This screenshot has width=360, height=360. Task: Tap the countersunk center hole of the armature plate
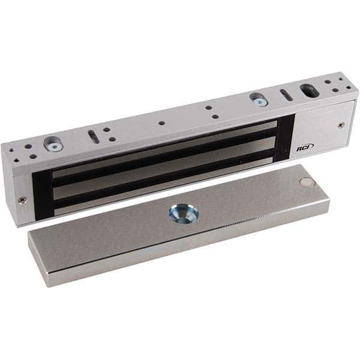pos(183,212)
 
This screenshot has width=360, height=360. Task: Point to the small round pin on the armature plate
pos(306,182)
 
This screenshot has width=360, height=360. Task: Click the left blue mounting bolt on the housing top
pos(53,143)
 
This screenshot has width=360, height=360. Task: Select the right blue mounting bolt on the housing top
pos(259,100)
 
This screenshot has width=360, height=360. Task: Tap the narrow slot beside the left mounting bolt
pos(94,136)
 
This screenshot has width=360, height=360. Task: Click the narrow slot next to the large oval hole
pos(286,95)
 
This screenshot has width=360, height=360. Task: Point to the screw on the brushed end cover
pos(341,125)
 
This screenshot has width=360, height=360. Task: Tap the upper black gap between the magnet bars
pos(162,159)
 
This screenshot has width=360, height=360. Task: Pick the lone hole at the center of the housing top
pos(162,124)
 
